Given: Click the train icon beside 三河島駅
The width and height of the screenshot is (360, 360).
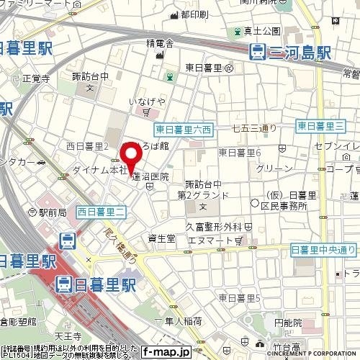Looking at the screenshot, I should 256,51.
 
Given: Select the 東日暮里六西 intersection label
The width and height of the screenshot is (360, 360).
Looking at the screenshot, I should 184,130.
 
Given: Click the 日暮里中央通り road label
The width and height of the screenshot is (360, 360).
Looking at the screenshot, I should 323,249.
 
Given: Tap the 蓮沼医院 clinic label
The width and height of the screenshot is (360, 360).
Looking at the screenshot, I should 150,176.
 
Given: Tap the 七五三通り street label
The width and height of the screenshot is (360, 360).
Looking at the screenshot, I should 254,129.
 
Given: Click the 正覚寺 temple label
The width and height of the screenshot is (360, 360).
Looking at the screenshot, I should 35,79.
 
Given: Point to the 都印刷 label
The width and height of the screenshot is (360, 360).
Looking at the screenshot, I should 194,14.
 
